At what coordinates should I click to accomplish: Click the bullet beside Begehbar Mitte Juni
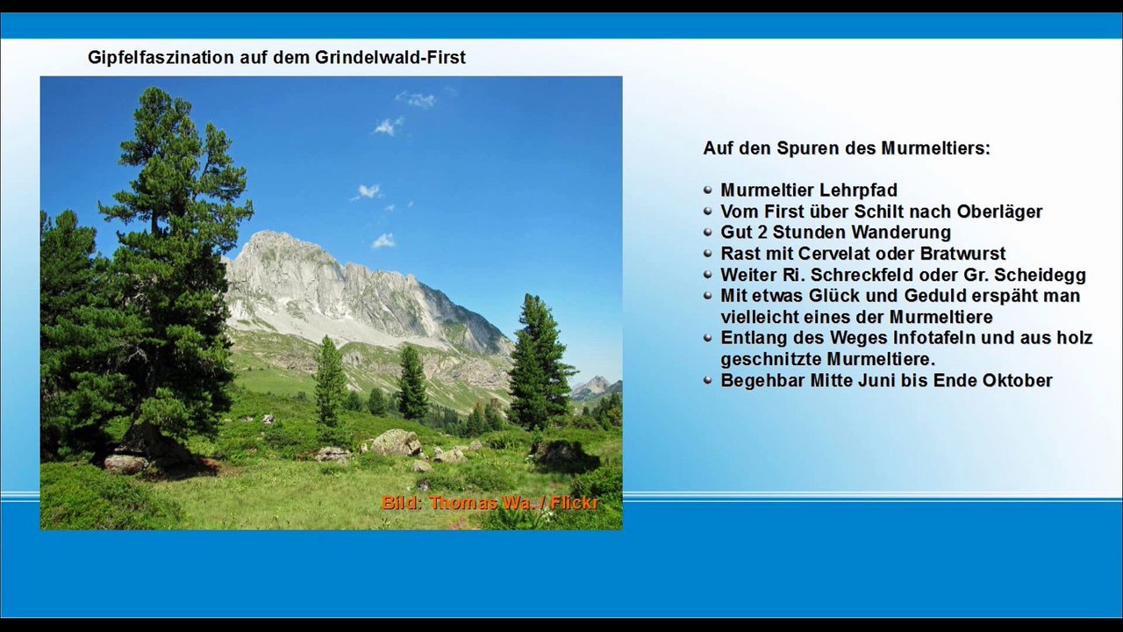pos(708,380)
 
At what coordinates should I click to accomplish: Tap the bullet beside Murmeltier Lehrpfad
pos(708,190)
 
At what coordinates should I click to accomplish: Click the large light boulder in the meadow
pos(397,442)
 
